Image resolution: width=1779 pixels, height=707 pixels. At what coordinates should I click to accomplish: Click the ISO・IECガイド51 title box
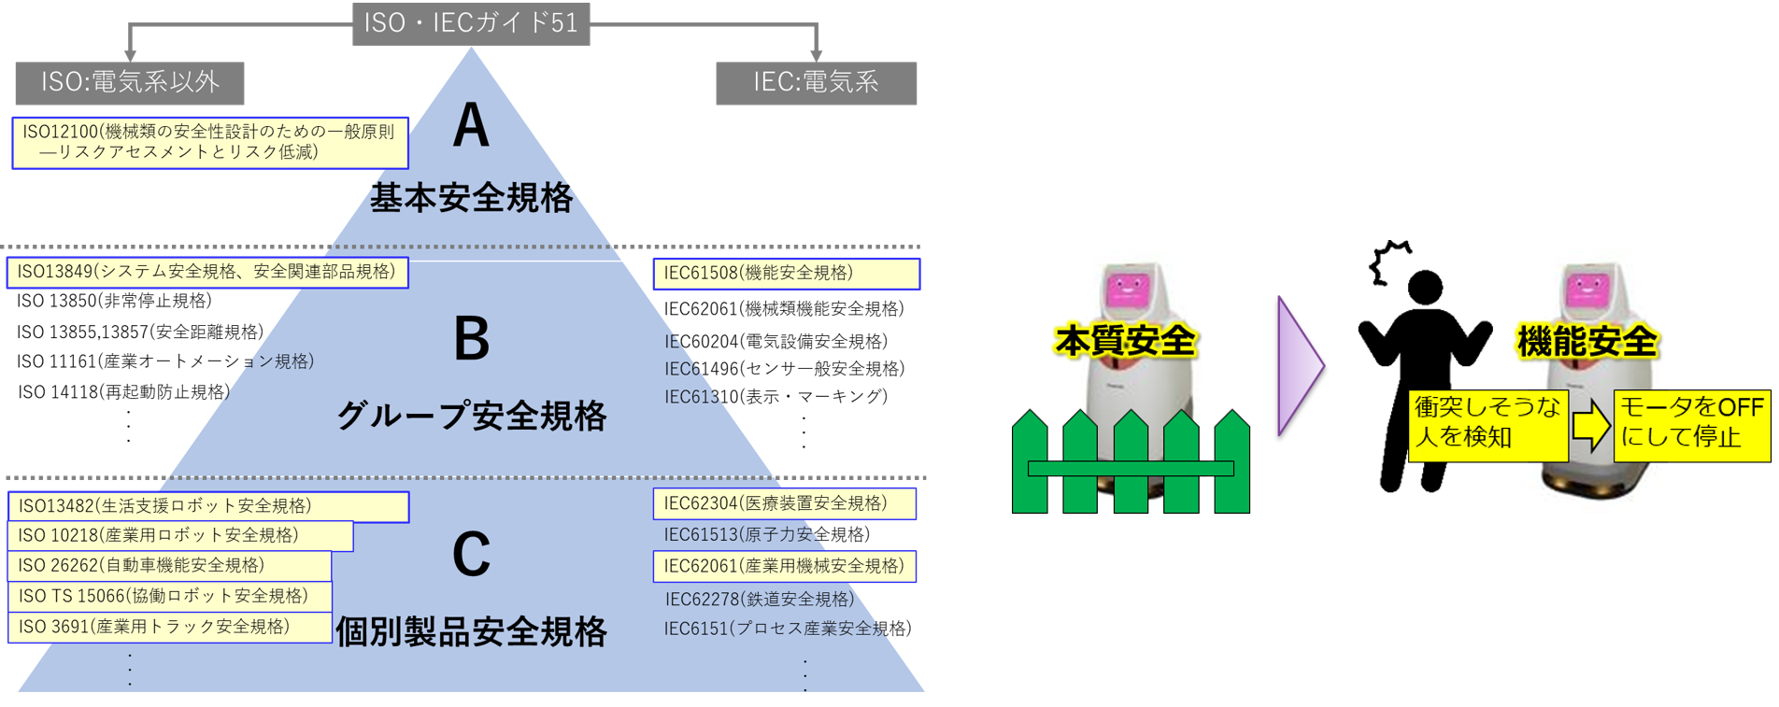point(471,23)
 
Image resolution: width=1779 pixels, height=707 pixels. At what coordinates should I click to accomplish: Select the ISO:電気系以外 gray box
point(130,83)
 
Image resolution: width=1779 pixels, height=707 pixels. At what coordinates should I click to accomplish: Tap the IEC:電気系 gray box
point(816,83)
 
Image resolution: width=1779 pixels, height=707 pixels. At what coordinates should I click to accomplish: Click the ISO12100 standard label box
point(209,142)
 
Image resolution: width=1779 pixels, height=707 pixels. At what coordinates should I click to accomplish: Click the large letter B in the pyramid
point(471,339)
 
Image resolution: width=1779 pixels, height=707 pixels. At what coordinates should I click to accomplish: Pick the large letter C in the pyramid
point(471,555)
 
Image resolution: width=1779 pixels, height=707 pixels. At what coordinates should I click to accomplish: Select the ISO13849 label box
point(206,272)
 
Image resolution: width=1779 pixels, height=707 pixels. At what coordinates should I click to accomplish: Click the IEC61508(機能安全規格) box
point(786,274)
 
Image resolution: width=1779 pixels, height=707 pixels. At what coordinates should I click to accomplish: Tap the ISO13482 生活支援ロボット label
point(208,506)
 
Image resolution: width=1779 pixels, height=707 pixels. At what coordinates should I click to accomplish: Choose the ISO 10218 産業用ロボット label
point(180,536)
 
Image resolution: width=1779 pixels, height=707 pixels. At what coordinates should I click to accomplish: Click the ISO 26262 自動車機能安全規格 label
point(169,566)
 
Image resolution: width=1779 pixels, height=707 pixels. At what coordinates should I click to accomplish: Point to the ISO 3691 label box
point(169,627)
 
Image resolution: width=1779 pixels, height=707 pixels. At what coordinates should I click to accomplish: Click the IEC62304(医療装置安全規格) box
point(784,503)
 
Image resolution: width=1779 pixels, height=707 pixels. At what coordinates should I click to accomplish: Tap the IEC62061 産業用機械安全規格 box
point(784,566)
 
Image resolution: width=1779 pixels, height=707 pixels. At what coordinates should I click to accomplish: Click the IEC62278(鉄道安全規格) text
point(759,599)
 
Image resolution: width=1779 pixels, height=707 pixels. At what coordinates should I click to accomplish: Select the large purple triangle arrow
point(1300,365)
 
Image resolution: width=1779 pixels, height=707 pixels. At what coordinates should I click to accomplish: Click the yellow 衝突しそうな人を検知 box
point(1487,425)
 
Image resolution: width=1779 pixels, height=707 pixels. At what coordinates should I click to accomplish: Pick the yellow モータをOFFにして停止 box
point(1691,425)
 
